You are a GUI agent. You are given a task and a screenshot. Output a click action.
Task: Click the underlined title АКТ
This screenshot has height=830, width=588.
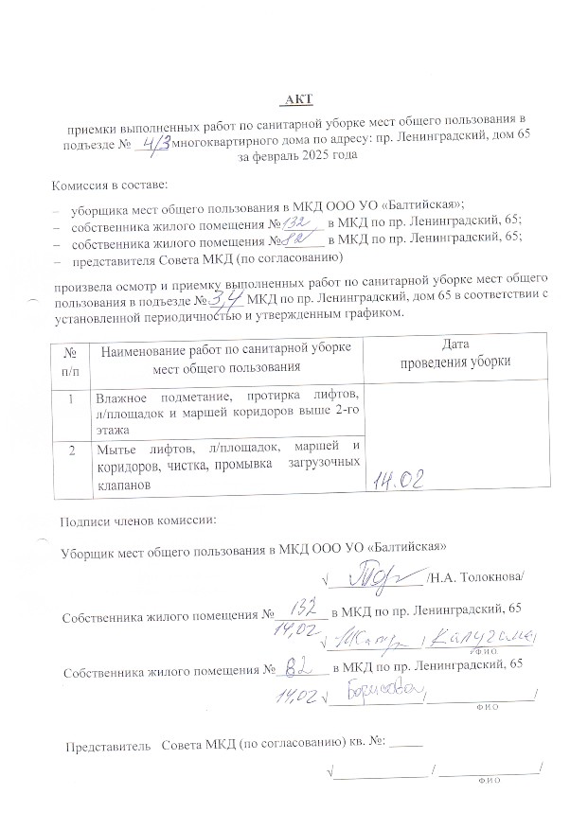(298, 99)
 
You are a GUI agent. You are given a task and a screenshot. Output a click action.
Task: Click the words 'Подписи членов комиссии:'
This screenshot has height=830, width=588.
(138, 521)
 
